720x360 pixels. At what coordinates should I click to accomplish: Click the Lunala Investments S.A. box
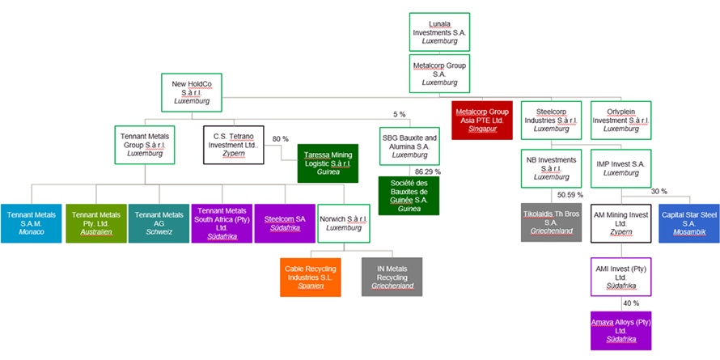[x=439, y=32]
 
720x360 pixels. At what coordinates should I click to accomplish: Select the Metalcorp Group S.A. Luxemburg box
[x=439, y=73]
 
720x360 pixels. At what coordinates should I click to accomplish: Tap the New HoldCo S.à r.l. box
[x=192, y=91]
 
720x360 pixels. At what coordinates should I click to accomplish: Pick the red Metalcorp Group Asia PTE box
[x=482, y=121]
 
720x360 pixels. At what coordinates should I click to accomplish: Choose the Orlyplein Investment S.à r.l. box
[x=620, y=121]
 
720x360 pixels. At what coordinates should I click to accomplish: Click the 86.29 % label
[x=427, y=172]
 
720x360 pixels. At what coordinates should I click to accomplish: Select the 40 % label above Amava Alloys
[x=631, y=303]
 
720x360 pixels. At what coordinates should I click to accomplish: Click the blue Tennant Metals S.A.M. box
[x=32, y=222]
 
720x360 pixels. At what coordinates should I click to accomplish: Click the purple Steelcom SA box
[x=286, y=222]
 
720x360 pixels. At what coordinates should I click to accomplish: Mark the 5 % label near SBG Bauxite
[x=399, y=114]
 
